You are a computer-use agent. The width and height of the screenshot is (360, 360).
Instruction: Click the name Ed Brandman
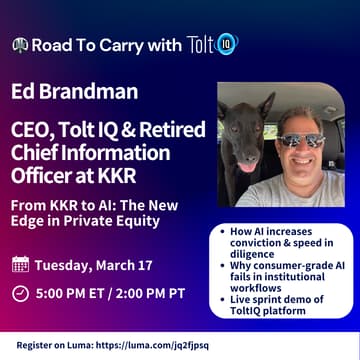click(x=75, y=94)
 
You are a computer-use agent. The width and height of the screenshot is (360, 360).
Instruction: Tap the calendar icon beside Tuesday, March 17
click(x=20, y=265)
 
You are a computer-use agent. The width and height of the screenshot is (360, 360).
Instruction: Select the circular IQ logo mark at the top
click(x=227, y=44)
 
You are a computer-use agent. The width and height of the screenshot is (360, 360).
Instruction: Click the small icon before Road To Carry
click(x=20, y=45)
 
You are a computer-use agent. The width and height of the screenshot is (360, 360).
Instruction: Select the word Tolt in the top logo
click(x=199, y=44)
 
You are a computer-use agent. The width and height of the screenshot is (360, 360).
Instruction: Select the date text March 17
click(x=127, y=265)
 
